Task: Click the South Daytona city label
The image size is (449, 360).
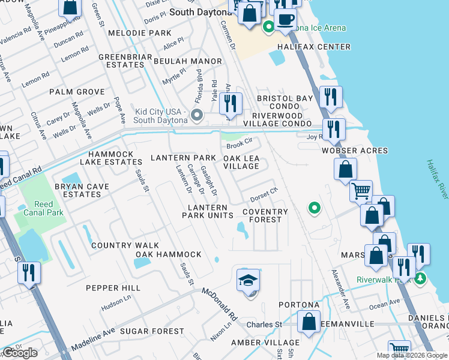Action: [x=197, y=12]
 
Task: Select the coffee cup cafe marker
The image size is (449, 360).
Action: [x=285, y=19]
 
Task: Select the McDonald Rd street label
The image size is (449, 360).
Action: [x=220, y=304]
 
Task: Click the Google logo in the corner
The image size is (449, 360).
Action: [x=20, y=353]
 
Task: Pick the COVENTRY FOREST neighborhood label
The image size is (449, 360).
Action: [x=265, y=215]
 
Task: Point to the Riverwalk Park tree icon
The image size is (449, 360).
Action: [x=420, y=278]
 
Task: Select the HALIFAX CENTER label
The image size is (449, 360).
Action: [x=314, y=47]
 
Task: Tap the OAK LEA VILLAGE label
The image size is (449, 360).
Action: [x=241, y=161]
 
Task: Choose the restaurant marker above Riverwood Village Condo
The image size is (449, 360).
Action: [x=231, y=104]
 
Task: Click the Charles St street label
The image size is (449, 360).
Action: [x=264, y=325]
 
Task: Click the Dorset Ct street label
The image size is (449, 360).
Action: [x=265, y=192]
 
